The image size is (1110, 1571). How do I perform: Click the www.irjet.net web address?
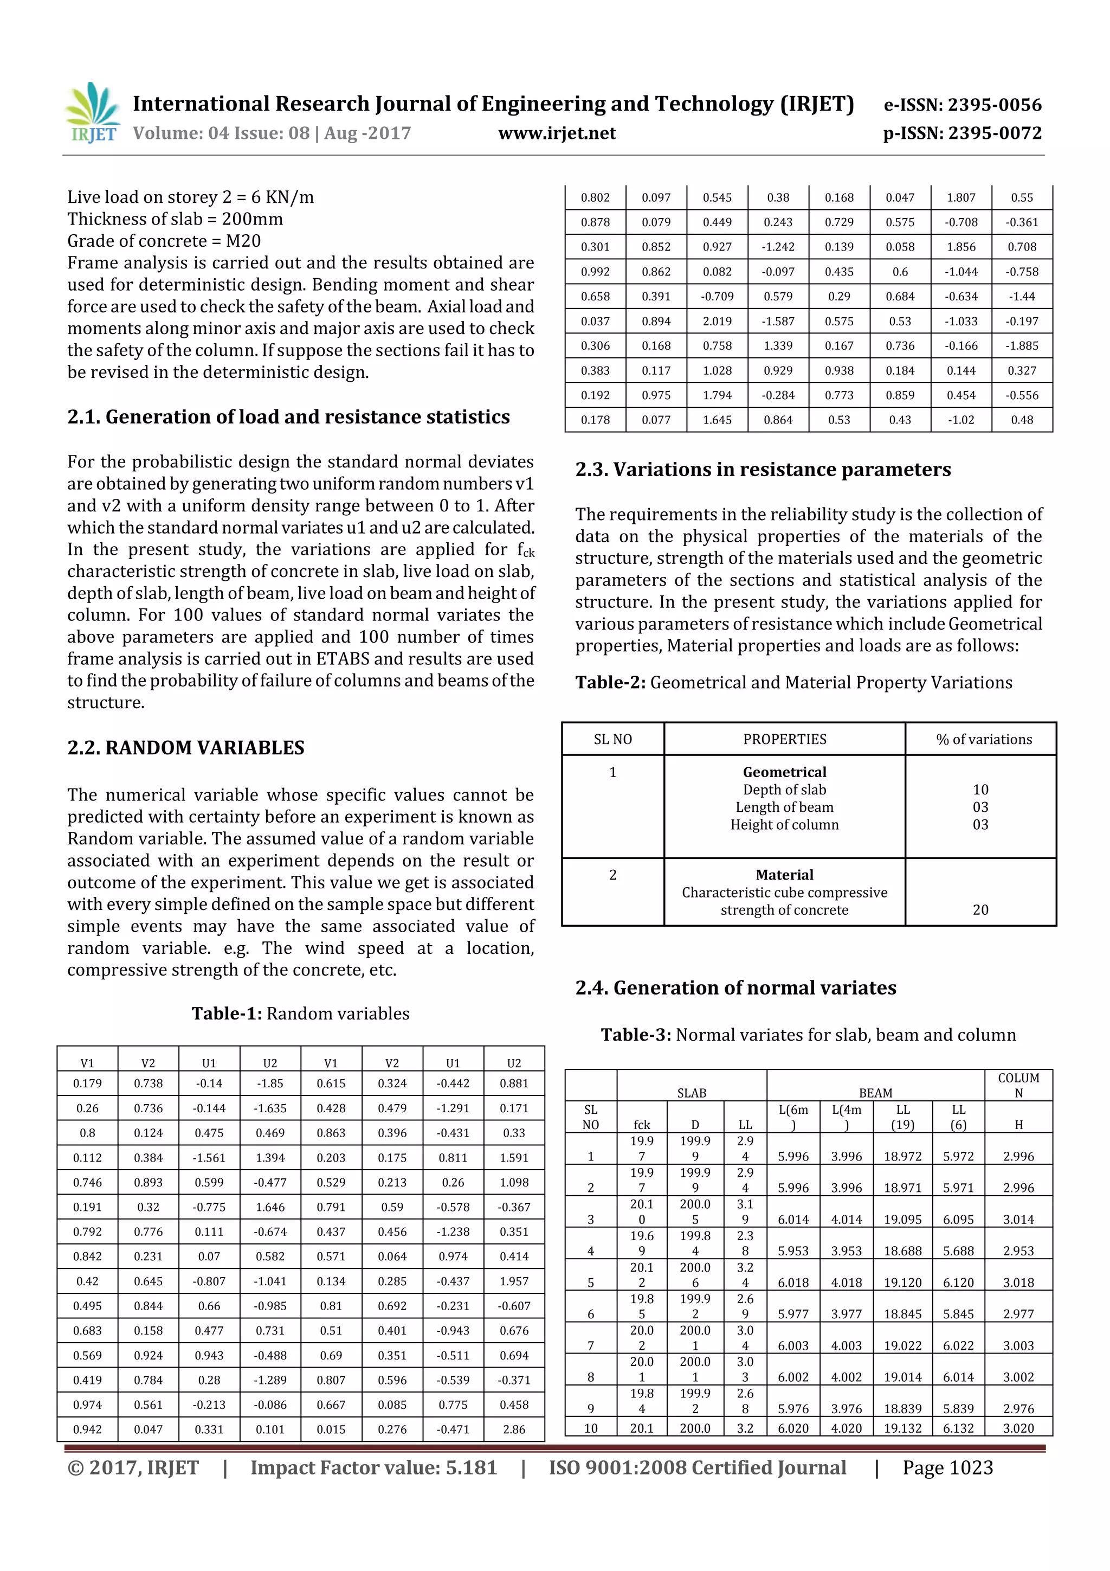pos(557,133)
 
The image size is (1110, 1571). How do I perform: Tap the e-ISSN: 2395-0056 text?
pos(962,105)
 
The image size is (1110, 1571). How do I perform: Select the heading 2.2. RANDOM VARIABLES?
pos(186,747)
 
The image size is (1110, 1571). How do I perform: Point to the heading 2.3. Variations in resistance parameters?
pos(763,470)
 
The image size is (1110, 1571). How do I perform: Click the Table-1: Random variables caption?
pos(300,1014)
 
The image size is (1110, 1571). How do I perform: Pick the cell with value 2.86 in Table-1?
pos(514,1429)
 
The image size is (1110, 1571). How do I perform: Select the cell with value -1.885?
pos(1022,345)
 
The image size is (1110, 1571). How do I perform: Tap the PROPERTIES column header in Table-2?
pos(784,739)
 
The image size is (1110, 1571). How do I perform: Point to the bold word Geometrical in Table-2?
pos(784,772)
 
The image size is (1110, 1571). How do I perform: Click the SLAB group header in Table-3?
pos(692,1093)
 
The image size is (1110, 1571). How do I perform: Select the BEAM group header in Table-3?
pos(875,1093)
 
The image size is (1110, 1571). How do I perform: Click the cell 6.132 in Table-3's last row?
pos(958,1428)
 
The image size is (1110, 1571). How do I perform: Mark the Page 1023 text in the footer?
pos(947,1467)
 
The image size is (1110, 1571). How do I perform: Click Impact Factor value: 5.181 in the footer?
pos(373,1467)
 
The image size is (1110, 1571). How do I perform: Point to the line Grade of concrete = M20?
pos(164,241)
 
